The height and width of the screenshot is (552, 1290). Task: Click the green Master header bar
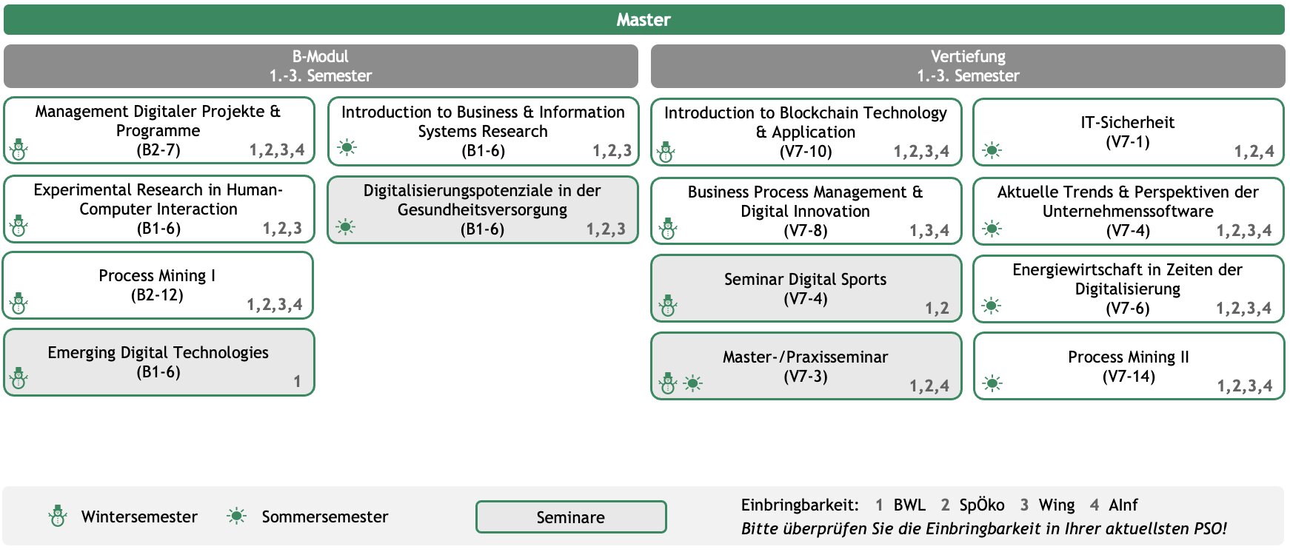[644, 20]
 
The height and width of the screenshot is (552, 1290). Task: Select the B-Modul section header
[321, 66]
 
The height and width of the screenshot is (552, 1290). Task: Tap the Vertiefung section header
[968, 66]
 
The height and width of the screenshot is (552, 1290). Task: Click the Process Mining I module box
[158, 286]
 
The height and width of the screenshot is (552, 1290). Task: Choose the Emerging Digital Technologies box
[158, 363]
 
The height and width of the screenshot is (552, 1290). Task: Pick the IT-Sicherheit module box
[1129, 132]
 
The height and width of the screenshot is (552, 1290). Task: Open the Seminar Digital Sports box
[806, 289]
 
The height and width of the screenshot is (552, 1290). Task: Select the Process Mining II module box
[1129, 366]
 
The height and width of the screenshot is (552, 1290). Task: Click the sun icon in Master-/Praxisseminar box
[693, 383]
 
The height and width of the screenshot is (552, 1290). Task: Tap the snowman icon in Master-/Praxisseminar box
[667, 383]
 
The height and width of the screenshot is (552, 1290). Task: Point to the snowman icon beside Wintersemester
[58, 516]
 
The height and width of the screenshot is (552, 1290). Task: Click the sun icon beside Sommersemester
[236, 516]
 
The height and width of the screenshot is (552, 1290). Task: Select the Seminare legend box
[571, 516]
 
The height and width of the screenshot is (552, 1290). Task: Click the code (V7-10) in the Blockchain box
[806, 152]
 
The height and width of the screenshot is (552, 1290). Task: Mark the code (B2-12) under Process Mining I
[157, 295]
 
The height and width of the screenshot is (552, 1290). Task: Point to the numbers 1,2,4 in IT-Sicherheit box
[1254, 152]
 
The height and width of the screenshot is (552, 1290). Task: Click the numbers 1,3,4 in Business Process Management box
[929, 231]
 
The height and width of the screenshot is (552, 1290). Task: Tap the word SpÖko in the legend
[982, 505]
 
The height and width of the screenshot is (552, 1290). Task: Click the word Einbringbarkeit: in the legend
[800, 505]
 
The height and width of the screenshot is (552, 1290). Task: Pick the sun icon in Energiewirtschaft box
[992, 306]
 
